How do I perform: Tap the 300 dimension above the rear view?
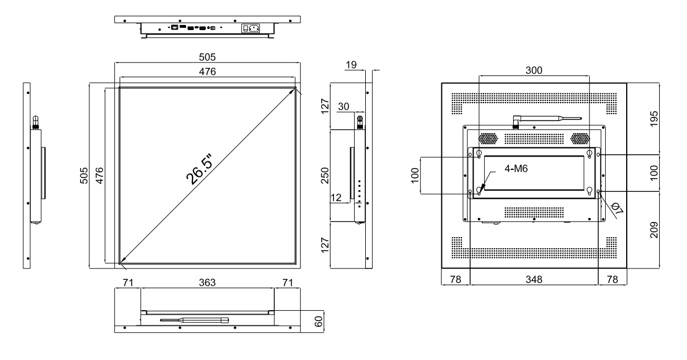coord(533,70)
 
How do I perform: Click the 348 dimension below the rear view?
coord(533,279)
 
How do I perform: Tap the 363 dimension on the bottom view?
coord(207,282)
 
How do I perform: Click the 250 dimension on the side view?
coord(325,176)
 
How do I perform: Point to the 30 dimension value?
coord(343,107)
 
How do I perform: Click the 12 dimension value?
coord(336,198)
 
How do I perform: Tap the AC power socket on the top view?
coord(253,27)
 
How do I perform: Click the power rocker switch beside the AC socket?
coord(245,27)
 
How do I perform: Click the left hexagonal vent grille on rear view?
coord(488,139)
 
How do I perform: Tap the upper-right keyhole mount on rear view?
coord(589,154)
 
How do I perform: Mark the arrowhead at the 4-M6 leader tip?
coord(480,189)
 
